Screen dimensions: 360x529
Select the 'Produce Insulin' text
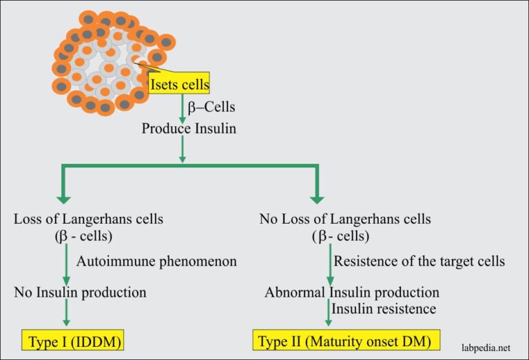pyautogui.click(x=189, y=128)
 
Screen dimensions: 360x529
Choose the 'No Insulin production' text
pyautogui.click(x=81, y=293)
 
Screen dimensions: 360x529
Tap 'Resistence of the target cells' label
pyautogui.click(x=419, y=262)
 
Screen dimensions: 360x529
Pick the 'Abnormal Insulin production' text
pyautogui.click(x=352, y=293)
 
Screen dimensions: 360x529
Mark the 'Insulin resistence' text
pyautogui.click(x=384, y=309)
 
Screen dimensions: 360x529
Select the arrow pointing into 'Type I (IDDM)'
pyautogui.click(x=65, y=317)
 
